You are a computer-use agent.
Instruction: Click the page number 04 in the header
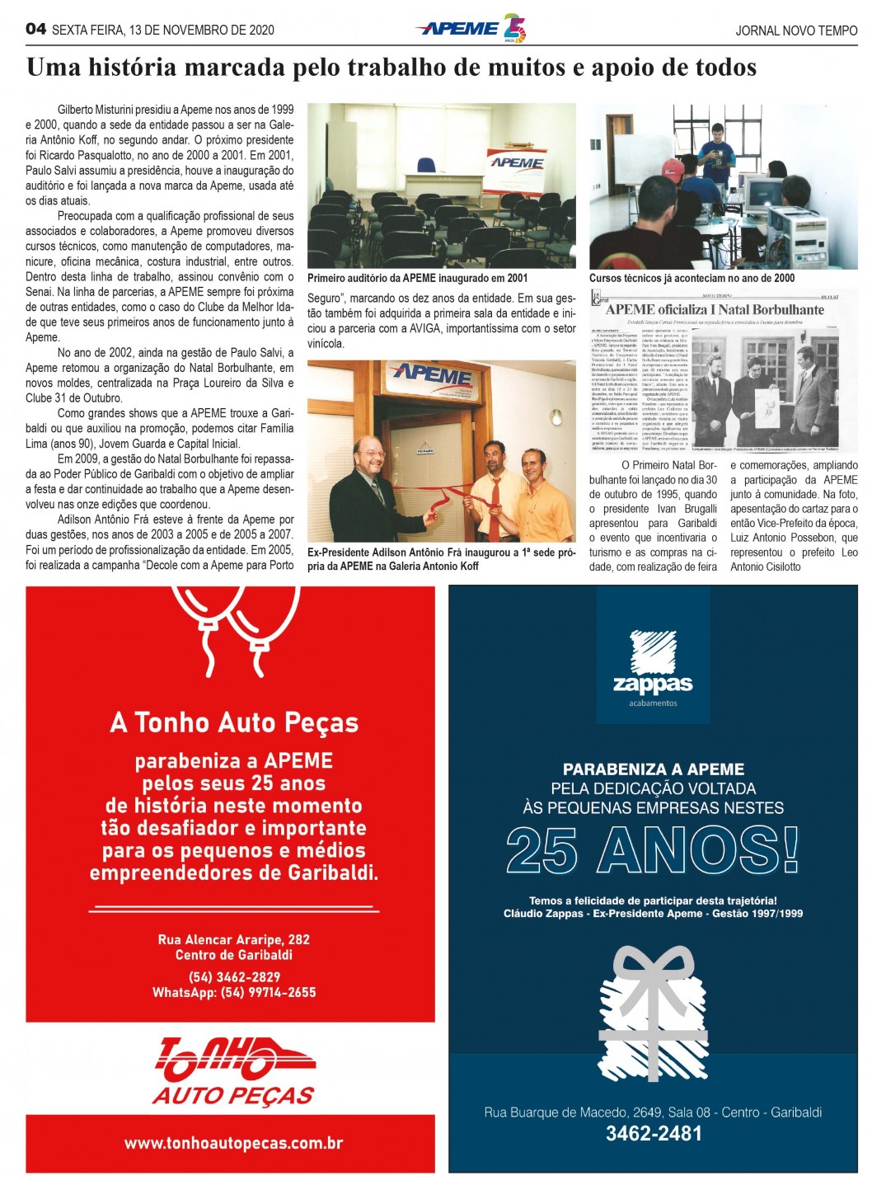[35, 29]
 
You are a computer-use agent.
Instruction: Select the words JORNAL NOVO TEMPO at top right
[795, 31]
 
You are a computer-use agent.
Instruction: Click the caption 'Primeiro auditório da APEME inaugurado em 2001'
[417, 278]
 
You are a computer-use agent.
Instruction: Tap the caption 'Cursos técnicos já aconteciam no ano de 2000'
[692, 278]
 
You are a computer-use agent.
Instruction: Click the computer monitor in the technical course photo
[763, 193]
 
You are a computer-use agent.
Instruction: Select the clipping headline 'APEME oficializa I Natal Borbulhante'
[715, 309]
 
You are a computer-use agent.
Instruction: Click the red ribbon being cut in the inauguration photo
[441, 500]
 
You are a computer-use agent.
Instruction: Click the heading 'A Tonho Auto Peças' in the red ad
[234, 723]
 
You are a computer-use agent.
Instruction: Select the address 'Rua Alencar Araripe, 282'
[234, 939]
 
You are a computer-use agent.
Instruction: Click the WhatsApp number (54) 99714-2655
[268, 992]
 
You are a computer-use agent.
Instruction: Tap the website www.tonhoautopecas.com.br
[233, 1143]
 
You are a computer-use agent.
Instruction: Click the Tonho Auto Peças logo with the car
[234, 1070]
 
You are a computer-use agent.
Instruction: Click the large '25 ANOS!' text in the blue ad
[652, 849]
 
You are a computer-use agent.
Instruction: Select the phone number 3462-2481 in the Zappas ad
[654, 1133]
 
